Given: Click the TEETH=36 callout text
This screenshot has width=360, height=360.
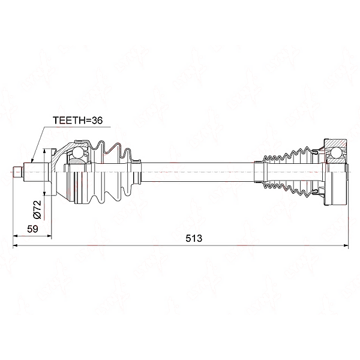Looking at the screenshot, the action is pos(77,121).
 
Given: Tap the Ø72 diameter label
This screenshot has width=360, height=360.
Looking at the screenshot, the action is pos(37,209).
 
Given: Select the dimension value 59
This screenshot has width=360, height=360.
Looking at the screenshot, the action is pos(32,229).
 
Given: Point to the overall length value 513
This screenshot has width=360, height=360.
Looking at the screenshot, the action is pos(194,238).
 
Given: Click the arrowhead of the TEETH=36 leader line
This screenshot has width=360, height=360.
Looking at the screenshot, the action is pos(32,160).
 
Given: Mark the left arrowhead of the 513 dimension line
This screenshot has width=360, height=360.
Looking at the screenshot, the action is pos(15,245).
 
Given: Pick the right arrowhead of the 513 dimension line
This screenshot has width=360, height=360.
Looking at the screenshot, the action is pos(346,245).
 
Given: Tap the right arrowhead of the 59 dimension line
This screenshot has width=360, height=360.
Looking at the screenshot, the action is pos(49,236).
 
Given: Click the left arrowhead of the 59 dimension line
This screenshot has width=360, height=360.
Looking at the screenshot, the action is pos(16,236).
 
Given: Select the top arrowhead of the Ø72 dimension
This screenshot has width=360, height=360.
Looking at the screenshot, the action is pos(44,151).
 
